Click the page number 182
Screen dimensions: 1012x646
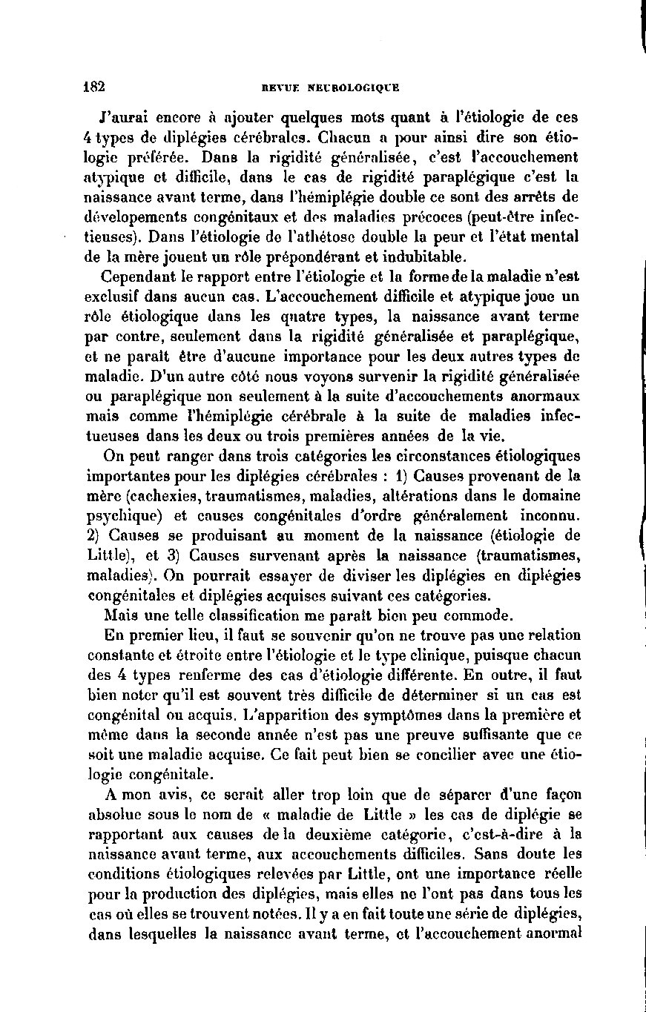(x=94, y=85)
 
